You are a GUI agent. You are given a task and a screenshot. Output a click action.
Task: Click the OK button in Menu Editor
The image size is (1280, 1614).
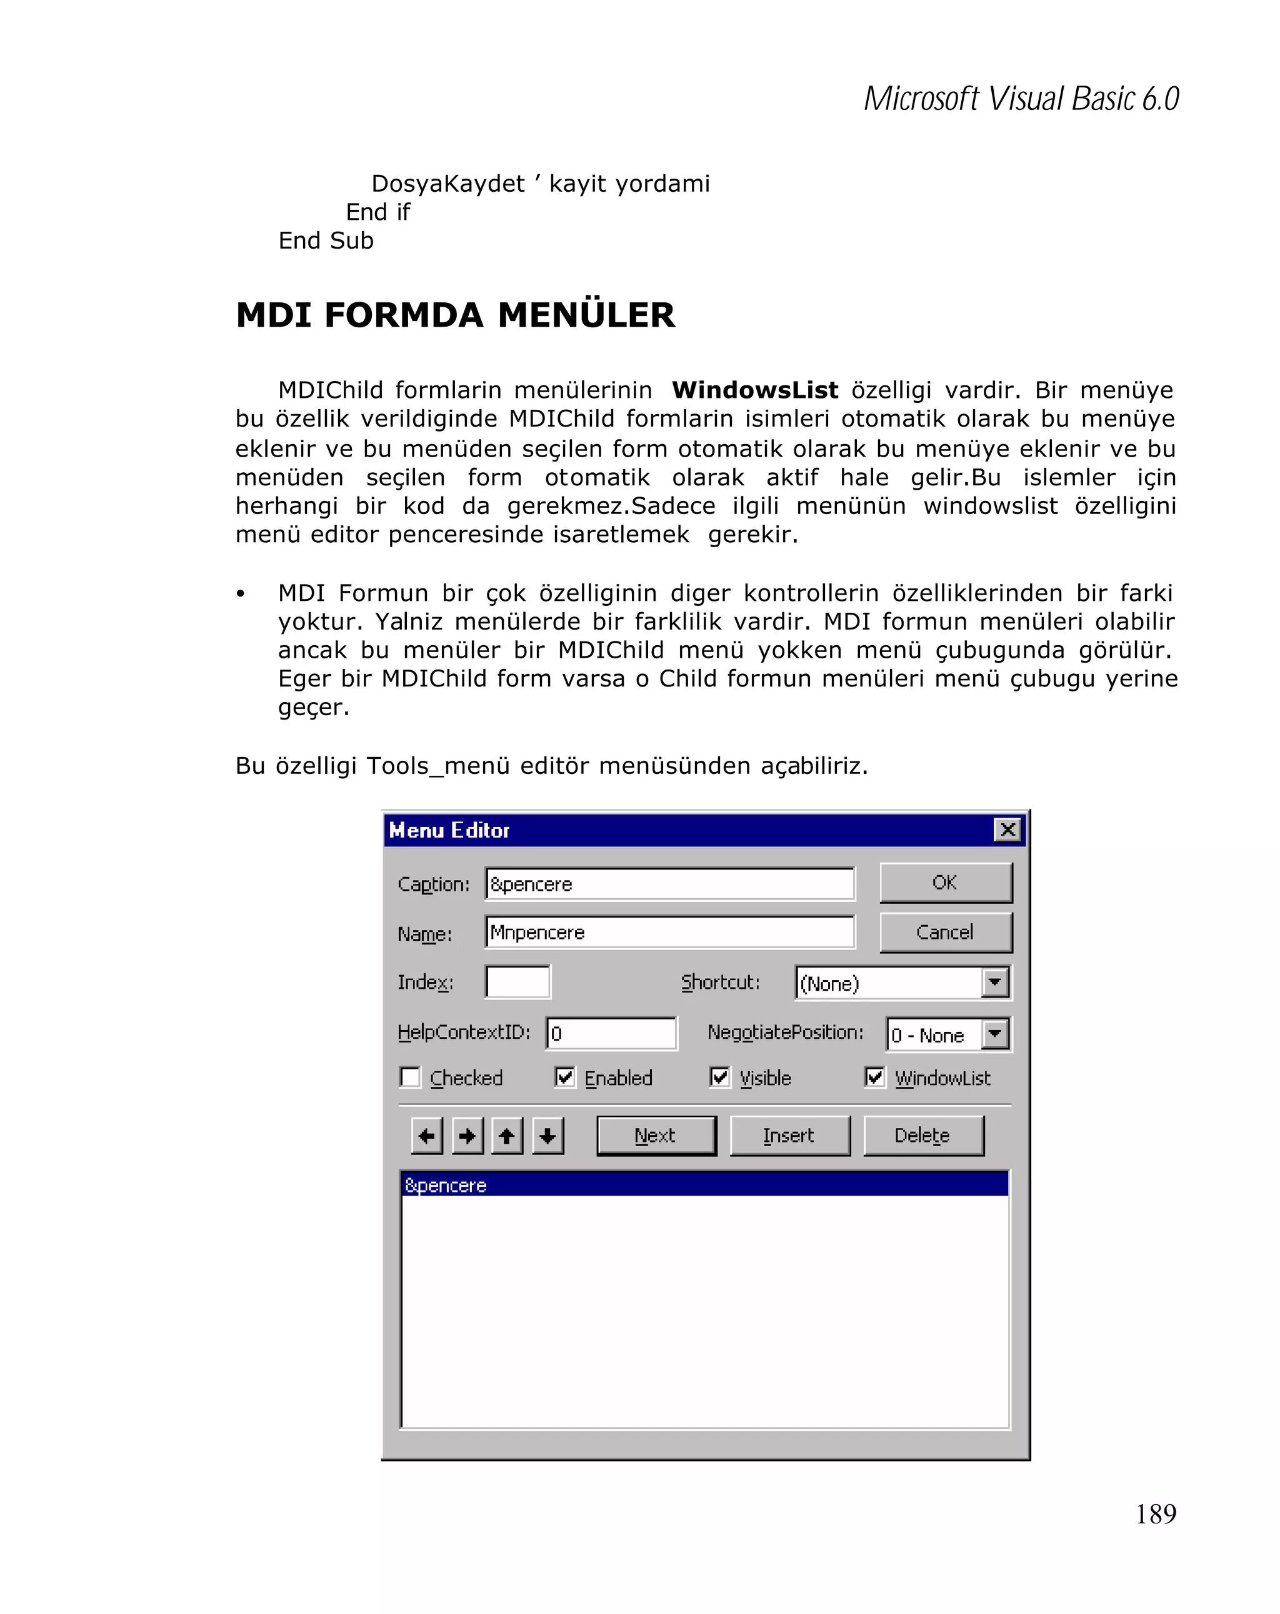(944, 883)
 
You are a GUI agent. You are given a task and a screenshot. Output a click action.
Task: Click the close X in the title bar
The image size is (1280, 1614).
(1007, 829)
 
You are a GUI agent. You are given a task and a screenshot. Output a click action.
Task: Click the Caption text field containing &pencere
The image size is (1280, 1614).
(669, 884)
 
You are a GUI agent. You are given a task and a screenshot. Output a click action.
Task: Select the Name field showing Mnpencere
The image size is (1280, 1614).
(669, 933)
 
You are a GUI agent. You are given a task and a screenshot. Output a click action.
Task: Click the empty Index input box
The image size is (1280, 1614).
(517, 982)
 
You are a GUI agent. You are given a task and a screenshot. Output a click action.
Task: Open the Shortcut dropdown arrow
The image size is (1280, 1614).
(994, 982)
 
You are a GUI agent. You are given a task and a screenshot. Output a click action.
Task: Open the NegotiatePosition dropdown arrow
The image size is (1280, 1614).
(994, 1034)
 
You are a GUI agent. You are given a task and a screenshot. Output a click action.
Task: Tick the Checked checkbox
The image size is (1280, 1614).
(411, 1077)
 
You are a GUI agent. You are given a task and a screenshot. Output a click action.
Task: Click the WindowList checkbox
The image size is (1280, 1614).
(874, 1077)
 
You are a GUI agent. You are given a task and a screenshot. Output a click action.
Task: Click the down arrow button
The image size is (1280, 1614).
(547, 1136)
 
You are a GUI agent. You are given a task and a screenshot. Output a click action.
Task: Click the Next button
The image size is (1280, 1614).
(656, 1136)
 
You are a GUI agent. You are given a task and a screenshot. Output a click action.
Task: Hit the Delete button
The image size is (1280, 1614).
(922, 1136)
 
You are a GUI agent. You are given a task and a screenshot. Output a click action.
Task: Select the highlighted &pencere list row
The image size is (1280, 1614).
(704, 1185)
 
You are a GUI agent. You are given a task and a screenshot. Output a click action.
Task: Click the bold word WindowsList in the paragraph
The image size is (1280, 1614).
(754, 390)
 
